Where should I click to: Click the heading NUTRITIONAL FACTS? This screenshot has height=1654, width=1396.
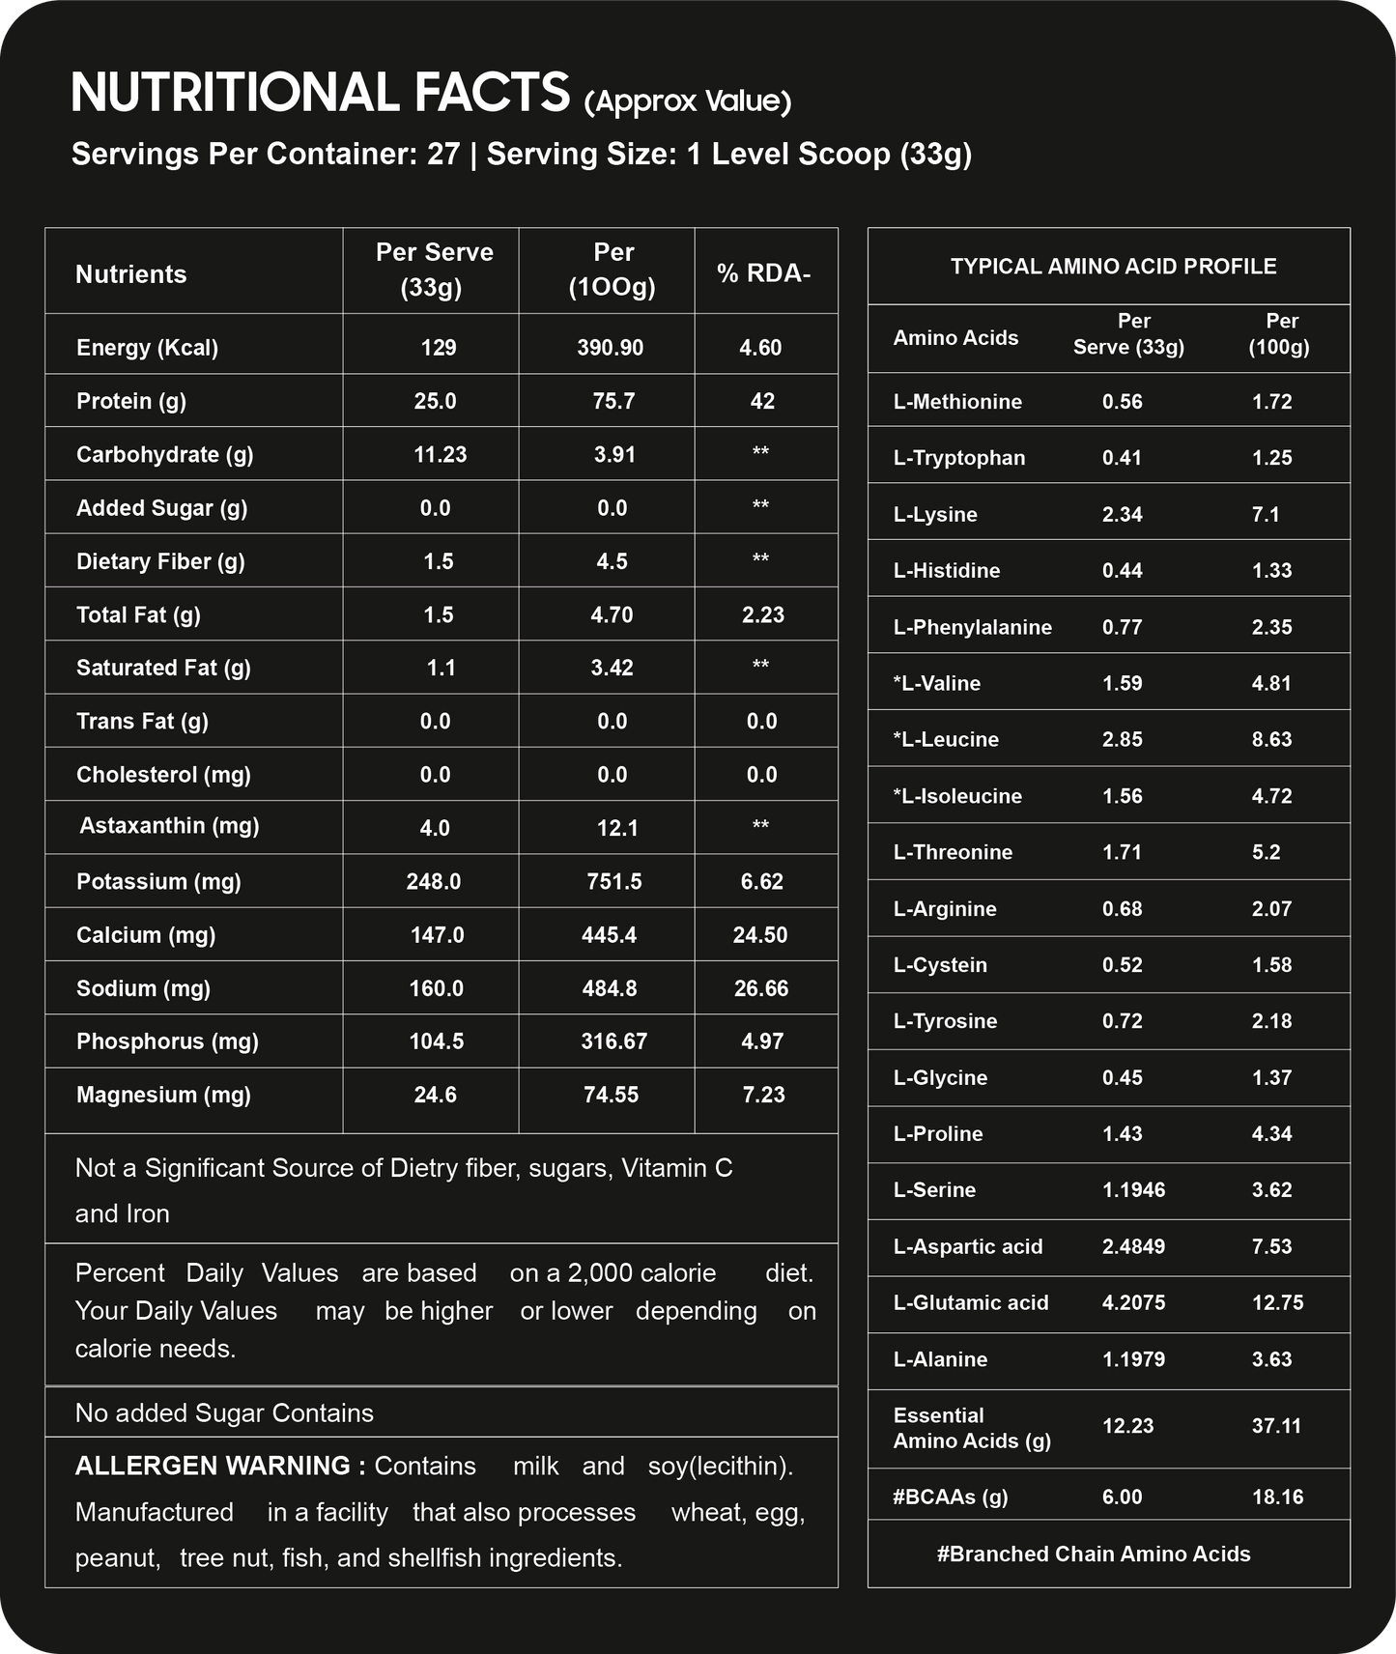click(320, 94)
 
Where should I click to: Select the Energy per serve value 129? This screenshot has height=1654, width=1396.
click(439, 348)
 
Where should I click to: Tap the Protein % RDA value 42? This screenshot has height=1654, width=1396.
click(762, 401)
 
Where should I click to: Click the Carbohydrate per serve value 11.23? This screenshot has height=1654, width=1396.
click(441, 454)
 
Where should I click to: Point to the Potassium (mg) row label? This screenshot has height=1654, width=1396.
click(158, 881)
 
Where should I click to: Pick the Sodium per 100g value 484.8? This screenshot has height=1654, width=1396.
click(610, 988)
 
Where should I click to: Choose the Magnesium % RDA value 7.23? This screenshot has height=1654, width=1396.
click(763, 1095)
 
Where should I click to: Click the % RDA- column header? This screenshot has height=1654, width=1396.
click(763, 274)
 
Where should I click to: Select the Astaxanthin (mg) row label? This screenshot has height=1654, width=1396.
click(169, 826)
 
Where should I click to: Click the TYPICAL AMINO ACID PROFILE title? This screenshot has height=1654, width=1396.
click(1113, 267)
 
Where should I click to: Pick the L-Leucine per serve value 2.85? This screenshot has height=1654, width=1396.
click(1122, 739)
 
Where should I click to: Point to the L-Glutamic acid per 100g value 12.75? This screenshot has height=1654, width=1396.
click(1277, 1302)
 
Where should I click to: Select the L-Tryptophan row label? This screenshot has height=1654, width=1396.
click(959, 458)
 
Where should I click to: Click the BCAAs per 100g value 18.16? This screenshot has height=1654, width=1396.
click(1277, 1497)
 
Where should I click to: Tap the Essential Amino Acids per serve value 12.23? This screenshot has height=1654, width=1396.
click(1127, 1426)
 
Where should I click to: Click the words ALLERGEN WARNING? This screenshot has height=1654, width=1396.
click(220, 1466)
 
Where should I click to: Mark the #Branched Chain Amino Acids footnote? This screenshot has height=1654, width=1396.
click(1094, 1554)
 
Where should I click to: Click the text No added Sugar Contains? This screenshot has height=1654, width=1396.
click(224, 1413)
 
